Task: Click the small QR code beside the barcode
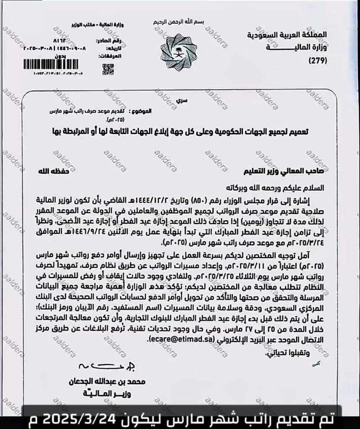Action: coord(108,68)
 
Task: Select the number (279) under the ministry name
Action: coord(318,61)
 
